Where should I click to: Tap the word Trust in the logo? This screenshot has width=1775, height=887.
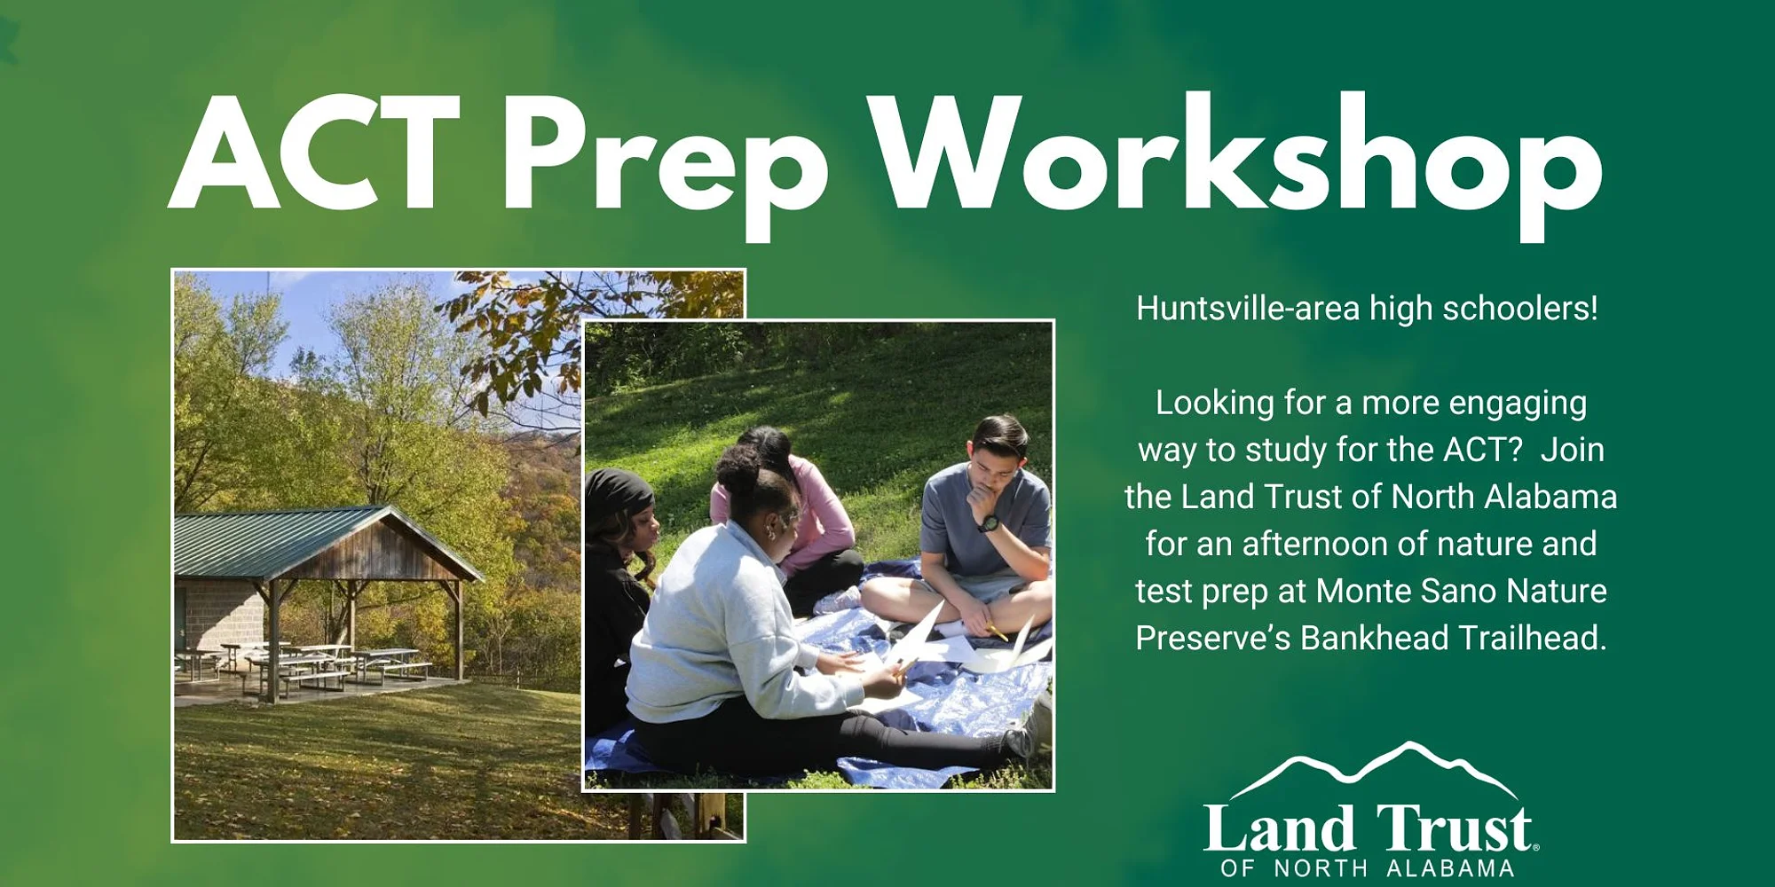point(1455,829)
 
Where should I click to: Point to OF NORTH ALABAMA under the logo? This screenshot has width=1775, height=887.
point(1368,867)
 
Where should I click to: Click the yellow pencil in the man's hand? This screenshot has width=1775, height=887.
point(997,632)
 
